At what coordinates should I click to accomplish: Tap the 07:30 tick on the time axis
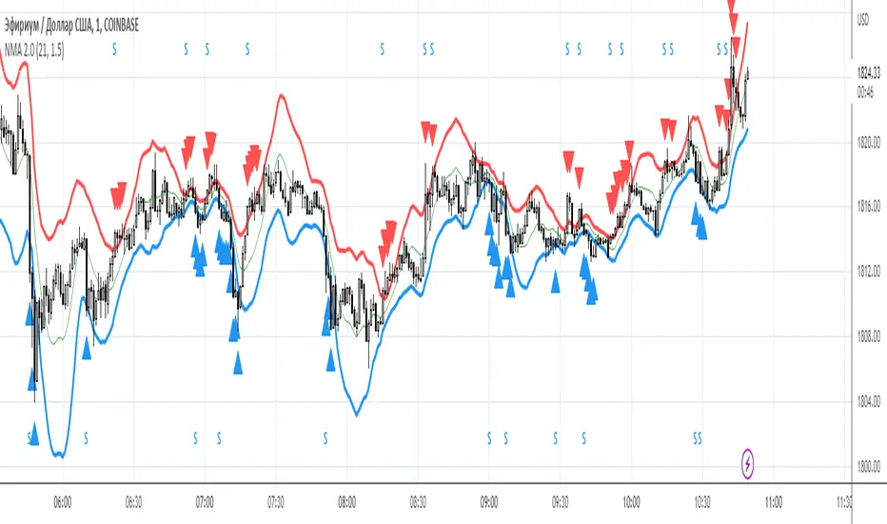coord(276,498)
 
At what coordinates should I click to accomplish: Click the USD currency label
coord(865,18)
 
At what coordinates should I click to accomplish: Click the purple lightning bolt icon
coord(749,464)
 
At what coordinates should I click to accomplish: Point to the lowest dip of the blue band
coord(59,455)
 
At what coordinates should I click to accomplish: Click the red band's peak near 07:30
coord(281,95)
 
